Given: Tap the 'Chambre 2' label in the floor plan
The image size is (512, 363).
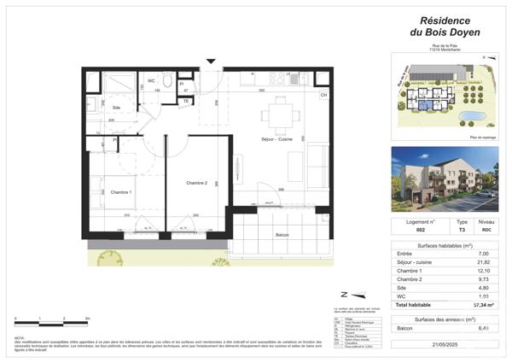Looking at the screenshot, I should tap(198, 183).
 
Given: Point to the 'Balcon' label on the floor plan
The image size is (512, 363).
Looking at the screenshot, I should tap(282, 235).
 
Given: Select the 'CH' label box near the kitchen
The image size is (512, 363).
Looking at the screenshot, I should tap(323, 95).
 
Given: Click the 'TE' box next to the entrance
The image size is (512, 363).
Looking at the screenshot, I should tap(185, 101).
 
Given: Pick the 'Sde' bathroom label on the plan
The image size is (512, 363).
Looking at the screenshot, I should tap(117, 107).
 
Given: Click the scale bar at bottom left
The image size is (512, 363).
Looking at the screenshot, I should tap(51, 322).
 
